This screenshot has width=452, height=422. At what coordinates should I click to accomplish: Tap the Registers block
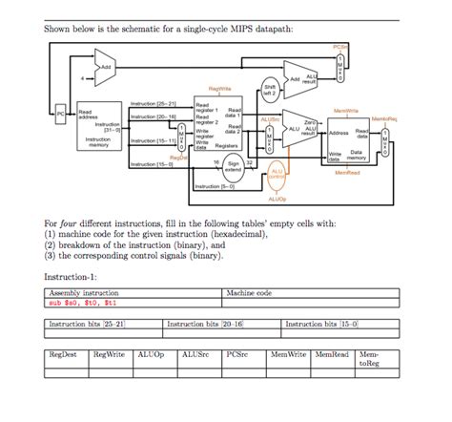[x=221, y=124]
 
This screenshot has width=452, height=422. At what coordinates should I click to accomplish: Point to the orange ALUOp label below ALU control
[x=277, y=200]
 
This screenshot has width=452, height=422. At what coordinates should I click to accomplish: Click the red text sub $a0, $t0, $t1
[x=87, y=302]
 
